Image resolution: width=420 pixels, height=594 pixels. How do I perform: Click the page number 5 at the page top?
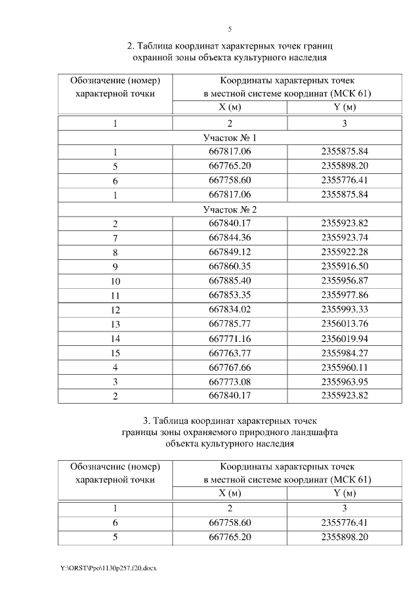coord(230,29)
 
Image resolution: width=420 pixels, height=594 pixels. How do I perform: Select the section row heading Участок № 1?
coord(230,138)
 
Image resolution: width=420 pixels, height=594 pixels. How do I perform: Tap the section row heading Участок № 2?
coord(230,209)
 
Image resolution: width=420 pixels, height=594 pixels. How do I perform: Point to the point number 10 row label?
coord(115,281)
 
